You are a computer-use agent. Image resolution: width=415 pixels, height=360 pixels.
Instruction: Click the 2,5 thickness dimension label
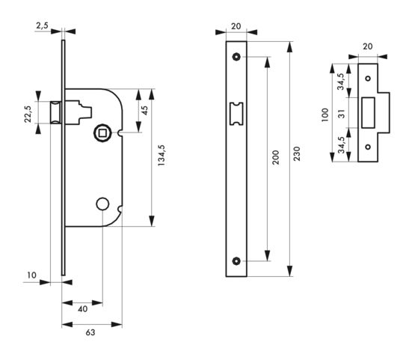[x=42, y=25]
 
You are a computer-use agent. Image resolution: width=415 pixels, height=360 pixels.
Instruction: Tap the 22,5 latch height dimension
[x=28, y=114]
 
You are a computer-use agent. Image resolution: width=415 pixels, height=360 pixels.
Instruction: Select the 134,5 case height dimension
[x=162, y=155]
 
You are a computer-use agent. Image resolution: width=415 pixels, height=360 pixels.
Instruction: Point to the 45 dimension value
[x=145, y=110]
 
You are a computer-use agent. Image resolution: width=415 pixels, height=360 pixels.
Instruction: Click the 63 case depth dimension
[x=90, y=332]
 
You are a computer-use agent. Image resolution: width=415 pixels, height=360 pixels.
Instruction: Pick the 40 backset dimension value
[x=83, y=309]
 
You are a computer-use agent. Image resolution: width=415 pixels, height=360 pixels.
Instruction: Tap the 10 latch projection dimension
[x=31, y=275]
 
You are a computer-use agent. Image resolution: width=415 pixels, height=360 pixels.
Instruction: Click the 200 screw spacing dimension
[x=276, y=157]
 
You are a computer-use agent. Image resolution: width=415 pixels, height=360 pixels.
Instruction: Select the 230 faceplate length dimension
[x=297, y=153]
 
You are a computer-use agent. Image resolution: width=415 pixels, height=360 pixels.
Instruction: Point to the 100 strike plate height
[x=325, y=115]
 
